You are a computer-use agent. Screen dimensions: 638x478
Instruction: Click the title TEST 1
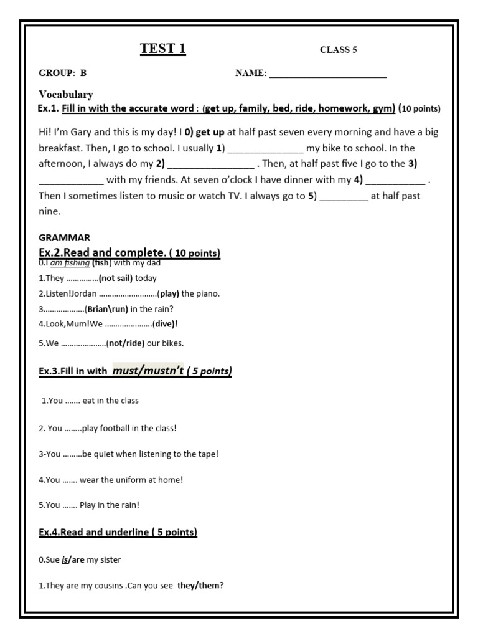pyautogui.click(x=162, y=49)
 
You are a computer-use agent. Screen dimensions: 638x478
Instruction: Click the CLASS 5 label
pyautogui.click(x=338, y=50)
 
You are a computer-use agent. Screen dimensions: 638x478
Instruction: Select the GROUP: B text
pyautogui.click(x=63, y=73)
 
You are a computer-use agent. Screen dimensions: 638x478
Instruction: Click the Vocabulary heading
pyautogui.click(x=66, y=95)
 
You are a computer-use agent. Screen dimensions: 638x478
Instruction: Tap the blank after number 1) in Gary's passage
pyautogui.click(x=265, y=149)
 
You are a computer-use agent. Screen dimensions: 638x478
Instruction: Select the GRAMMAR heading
pyautogui.click(x=64, y=237)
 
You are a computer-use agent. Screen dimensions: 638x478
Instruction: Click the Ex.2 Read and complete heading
pyautogui.click(x=129, y=253)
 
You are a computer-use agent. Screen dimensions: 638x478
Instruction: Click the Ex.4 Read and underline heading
pyautogui.click(x=118, y=532)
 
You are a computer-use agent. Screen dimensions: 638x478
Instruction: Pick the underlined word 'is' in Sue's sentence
pyautogui.click(x=64, y=560)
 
